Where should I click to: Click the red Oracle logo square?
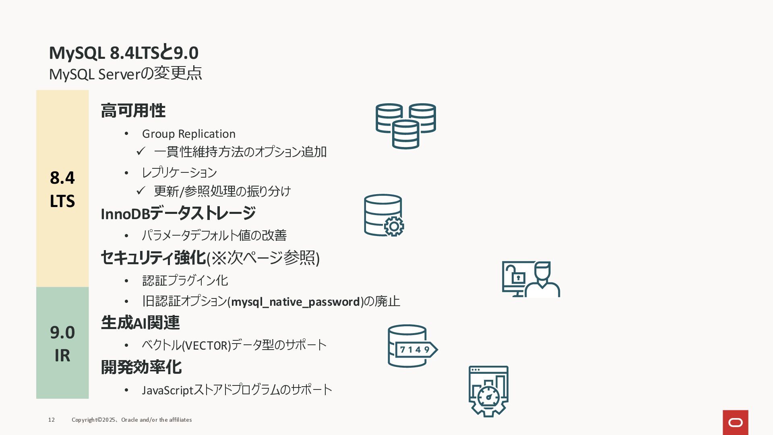coord(735,422)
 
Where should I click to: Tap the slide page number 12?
coord(52,420)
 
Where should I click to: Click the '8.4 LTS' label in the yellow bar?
coord(62,189)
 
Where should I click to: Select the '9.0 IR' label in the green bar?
coord(62,344)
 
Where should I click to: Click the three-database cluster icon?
coord(405,126)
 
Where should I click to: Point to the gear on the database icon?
coord(394,226)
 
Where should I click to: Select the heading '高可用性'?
coord(133,111)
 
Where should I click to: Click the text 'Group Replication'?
coord(188,134)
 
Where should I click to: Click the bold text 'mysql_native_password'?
coord(295,302)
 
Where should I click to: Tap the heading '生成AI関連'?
coord(140,323)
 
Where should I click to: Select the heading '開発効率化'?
coord(141,367)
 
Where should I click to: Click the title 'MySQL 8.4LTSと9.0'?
coord(124,53)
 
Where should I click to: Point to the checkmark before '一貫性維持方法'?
coord(141,151)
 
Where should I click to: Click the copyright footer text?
coord(132,420)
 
